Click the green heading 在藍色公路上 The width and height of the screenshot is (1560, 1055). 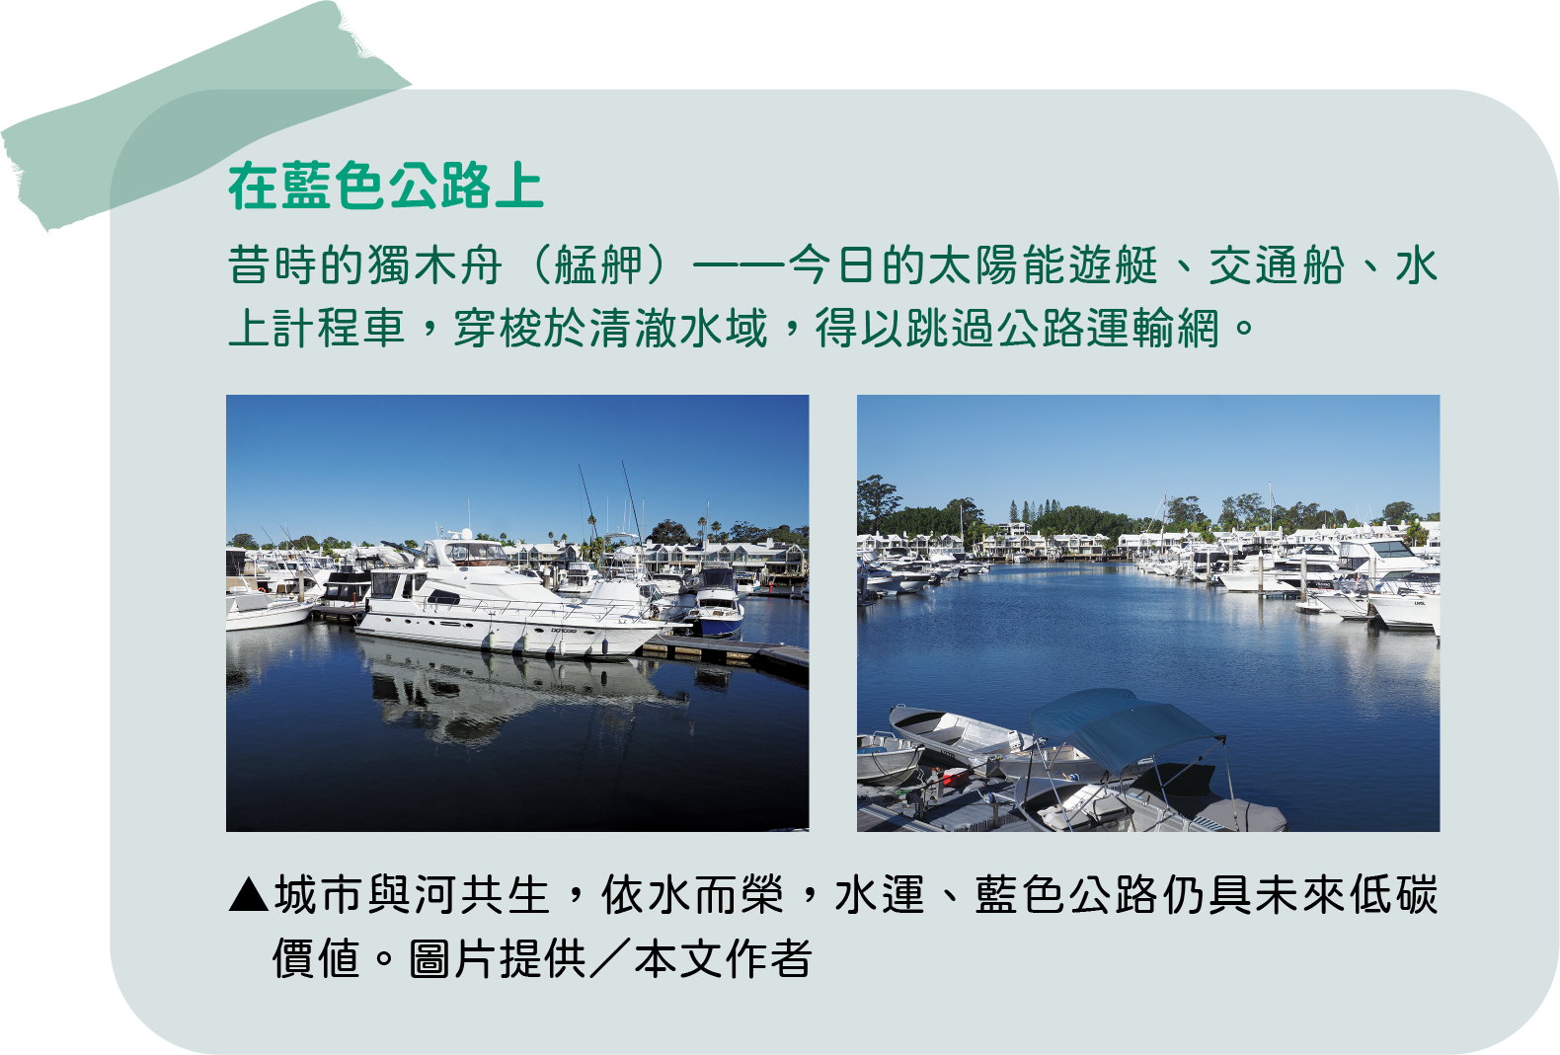coord(385,186)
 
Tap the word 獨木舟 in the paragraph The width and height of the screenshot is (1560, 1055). coord(433,265)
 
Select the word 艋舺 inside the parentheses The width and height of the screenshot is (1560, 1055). coord(598,265)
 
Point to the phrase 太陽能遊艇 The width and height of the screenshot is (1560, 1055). coord(1044,265)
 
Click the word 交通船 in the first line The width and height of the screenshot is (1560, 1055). coord(1277,265)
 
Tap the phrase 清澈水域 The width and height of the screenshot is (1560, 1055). coord(677,328)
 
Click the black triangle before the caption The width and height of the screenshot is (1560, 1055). coord(248,895)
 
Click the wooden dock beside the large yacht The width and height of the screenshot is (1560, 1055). coord(725,654)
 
